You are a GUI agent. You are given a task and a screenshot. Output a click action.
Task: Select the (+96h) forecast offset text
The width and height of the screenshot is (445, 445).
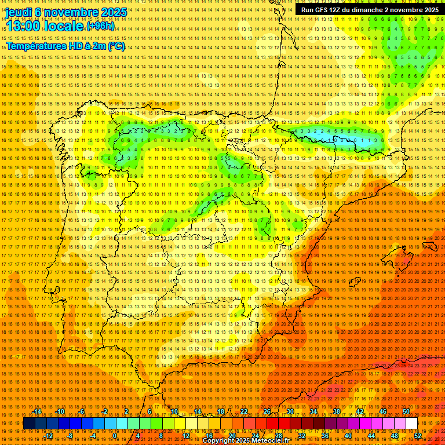tap(100, 26)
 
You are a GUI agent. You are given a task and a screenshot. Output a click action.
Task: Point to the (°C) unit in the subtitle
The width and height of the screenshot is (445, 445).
tap(115, 46)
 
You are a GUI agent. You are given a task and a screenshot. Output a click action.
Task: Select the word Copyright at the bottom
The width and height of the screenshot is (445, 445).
tap(219, 441)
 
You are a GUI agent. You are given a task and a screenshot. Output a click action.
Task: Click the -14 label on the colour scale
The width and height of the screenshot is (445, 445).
tap(37, 411)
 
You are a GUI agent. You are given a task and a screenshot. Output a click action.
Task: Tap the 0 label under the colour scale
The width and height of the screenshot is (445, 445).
tap(115, 436)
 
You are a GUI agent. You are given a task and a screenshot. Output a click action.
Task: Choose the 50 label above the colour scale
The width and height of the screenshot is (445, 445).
tap(406, 411)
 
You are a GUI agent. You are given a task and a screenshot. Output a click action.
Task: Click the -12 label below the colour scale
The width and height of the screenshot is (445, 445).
tap(49, 436)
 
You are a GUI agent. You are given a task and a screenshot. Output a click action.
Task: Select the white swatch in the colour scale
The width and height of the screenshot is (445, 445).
tap(411, 424)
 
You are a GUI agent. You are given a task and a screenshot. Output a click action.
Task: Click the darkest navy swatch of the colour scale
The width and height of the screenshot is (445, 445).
tap(29, 424)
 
